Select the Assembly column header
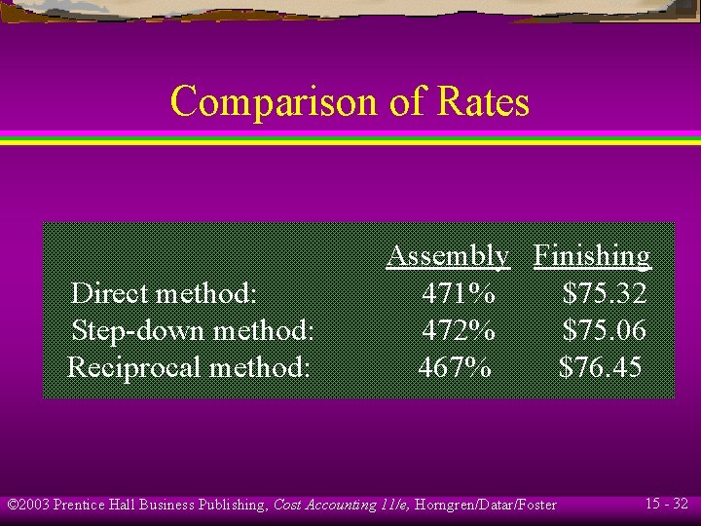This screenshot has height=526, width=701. click(x=447, y=255)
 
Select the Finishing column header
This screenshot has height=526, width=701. click(x=591, y=255)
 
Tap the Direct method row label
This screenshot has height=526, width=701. click(x=164, y=292)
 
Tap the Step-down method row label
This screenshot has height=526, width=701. click(x=193, y=330)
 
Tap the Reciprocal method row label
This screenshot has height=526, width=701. click(x=189, y=367)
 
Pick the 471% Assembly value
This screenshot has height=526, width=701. click(x=459, y=292)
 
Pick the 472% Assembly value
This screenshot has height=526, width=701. click(x=459, y=330)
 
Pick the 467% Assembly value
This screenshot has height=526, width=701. click(x=455, y=367)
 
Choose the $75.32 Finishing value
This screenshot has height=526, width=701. click(x=604, y=292)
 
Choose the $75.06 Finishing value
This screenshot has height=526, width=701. click(x=604, y=330)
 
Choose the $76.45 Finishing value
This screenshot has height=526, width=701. click(x=600, y=367)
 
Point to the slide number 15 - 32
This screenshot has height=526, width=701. click(x=667, y=504)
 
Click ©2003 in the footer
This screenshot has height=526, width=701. click(x=28, y=505)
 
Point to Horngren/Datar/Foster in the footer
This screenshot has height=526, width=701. click(x=486, y=505)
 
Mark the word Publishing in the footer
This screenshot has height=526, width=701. click(x=232, y=505)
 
